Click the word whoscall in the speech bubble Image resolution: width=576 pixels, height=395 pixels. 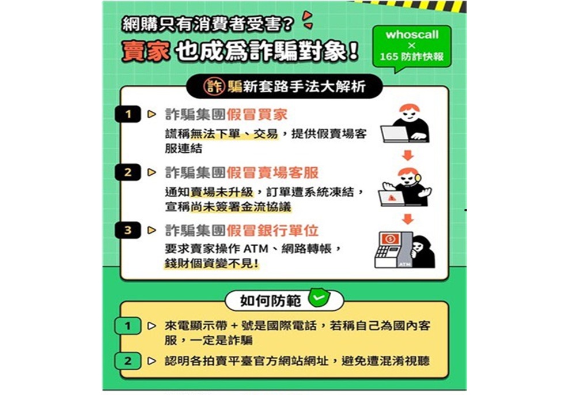tap(412, 35)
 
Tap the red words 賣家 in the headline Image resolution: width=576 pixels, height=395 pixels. tap(146, 51)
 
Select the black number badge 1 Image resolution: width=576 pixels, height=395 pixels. tap(128, 114)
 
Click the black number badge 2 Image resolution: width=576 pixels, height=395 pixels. tap(128, 172)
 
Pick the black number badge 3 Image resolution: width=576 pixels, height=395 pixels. tap(128, 230)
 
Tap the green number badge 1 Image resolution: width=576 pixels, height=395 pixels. tap(128, 326)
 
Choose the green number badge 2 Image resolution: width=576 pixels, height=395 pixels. tap(128, 361)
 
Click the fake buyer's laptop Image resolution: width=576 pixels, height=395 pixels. tap(395, 134)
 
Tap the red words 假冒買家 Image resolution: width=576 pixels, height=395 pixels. tap(257, 114)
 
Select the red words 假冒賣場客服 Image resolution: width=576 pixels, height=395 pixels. tap(272, 172)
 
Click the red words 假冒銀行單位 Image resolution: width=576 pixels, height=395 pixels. tap(272, 231)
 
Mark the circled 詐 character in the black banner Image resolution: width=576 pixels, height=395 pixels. tap(214, 87)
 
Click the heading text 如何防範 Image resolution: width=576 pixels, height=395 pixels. tap(271, 301)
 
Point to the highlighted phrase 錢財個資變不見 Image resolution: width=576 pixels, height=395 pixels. tap(210, 264)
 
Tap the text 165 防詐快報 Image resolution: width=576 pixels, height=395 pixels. tap(412, 57)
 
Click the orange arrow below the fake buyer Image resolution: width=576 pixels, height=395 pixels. tap(407, 155)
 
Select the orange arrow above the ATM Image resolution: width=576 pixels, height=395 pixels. tap(407, 219)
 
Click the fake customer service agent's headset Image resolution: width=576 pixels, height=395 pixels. tap(417, 178)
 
